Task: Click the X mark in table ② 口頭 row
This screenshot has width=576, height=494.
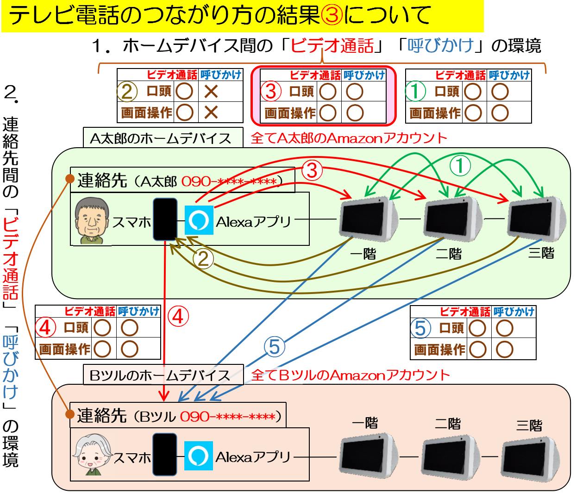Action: click(x=211, y=91)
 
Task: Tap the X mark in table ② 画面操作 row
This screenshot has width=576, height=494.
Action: click(x=211, y=112)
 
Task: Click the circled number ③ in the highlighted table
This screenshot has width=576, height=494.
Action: click(x=271, y=91)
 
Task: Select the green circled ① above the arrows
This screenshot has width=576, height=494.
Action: click(x=460, y=166)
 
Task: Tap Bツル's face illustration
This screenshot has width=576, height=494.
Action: click(x=93, y=455)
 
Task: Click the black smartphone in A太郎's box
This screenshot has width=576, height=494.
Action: click(x=165, y=219)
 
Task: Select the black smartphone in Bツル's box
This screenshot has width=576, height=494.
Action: click(x=165, y=455)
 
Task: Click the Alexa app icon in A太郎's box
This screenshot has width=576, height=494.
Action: click(x=199, y=220)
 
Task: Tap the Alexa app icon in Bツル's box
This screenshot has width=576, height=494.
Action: click(x=199, y=456)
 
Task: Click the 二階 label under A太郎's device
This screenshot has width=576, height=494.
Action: click(x=449, y=254)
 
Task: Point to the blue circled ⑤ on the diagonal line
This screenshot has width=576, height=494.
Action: click(x=275, y=347)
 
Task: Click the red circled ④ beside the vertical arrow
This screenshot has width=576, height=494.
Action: click(x=178, y=317)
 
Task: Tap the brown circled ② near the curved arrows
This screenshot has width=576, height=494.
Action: click(x=203, y=259)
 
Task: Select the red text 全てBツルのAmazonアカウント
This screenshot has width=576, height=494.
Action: click(x=351, y=375)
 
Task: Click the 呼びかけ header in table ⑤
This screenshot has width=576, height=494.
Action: click(x=514, y=312)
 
